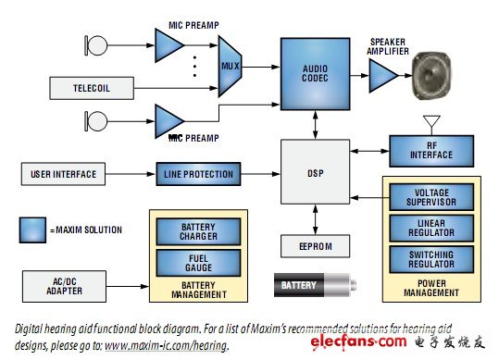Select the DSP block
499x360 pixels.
(315, 171)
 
